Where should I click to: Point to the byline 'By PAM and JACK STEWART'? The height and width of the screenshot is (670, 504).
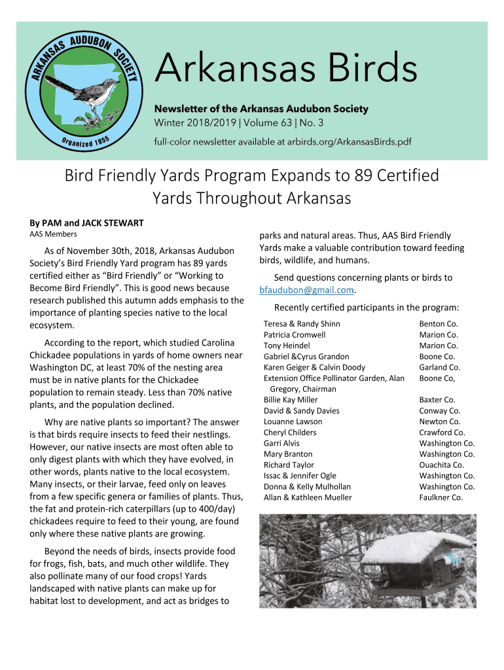point(86,223)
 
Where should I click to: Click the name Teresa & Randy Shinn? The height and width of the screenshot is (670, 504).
point(302,324)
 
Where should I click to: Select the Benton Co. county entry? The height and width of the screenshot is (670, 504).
point(439,324)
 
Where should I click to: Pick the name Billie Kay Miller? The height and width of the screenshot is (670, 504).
point(291,400)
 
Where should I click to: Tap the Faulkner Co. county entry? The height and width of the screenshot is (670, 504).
point(441,497)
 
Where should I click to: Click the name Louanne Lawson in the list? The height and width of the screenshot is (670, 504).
point(293,421)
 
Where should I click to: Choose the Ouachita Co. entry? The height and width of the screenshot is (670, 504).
point(442,465)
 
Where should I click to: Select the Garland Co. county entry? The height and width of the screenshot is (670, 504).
point(440,367)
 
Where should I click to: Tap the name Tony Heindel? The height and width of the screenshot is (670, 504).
point(287,345)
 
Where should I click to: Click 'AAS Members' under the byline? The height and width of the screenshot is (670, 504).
point(53,234)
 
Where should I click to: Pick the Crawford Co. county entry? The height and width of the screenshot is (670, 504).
point(442,432)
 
